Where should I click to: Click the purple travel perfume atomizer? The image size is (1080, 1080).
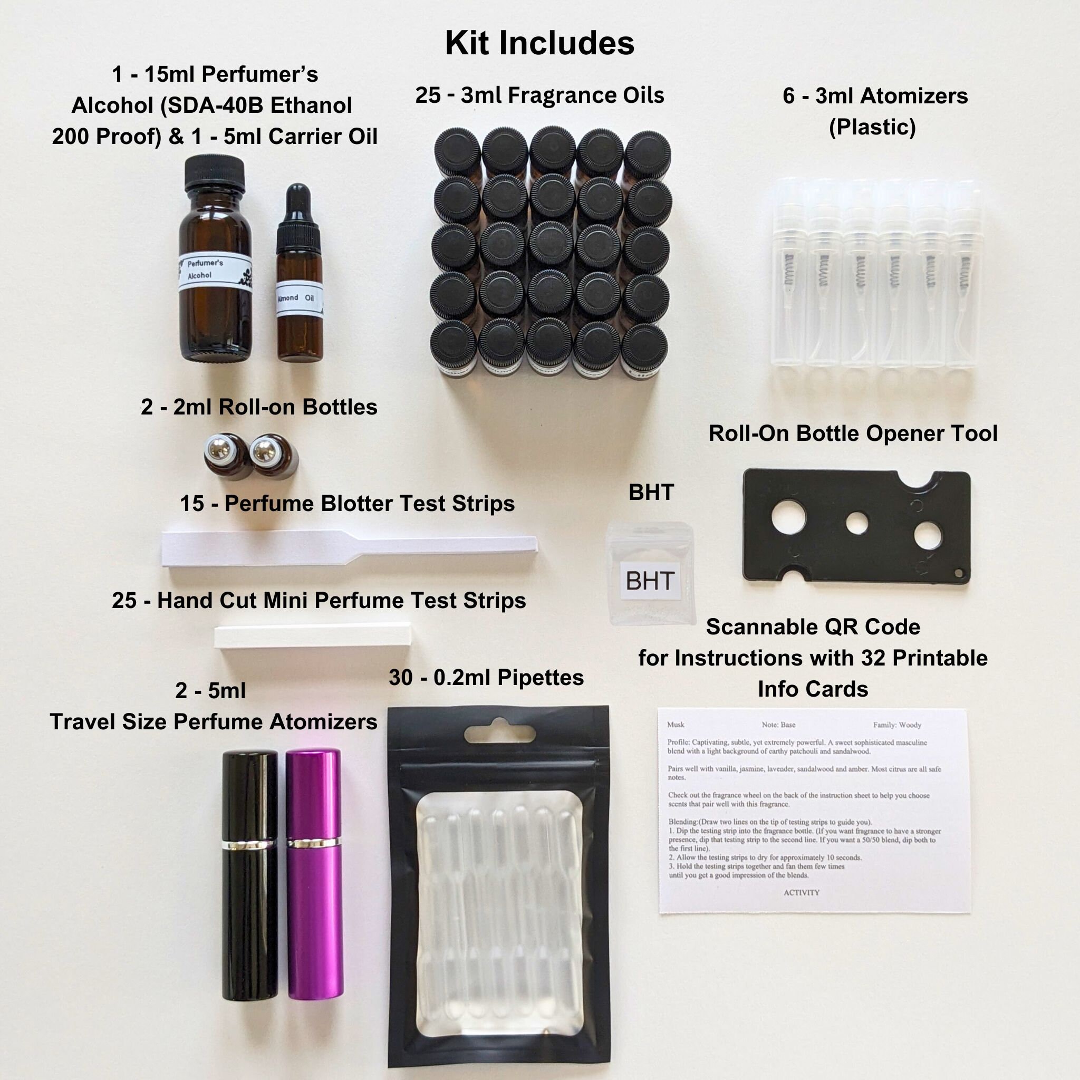click(x=314, y=872)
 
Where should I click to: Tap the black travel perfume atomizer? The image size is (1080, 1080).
click(x=250, y=872)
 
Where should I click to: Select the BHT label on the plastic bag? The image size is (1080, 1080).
click(x=650, y=581)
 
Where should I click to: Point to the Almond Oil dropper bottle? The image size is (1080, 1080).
click(x=300, y=279)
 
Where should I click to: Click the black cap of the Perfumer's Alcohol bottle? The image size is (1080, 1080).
click(x=215, y=172)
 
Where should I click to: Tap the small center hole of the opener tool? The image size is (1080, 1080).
click(x=856, y=523)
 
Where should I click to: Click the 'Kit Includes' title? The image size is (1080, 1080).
click(x=539, y=43)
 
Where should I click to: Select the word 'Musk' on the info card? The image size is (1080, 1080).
click(x=676, y=725)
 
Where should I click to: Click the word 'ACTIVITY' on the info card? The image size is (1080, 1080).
click(x=801, y=893)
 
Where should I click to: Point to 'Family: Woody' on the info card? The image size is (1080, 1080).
click(x=896, y=725)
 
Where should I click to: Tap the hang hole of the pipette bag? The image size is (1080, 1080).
click(x=497, y=733)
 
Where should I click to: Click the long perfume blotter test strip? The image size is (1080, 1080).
click(x=346, y=548)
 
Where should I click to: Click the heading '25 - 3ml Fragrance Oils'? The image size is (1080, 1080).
click(x=539, y=95)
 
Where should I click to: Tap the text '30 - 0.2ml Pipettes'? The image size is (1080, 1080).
click(x=486, y=678)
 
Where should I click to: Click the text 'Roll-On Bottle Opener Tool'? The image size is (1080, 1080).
click(x=853, y=433)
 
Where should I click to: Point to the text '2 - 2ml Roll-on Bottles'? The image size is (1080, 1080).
click(x=259, y=407)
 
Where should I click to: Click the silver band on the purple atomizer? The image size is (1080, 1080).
click(x=314, y=842)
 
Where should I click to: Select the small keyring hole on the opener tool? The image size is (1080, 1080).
click(x=959, y=574)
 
